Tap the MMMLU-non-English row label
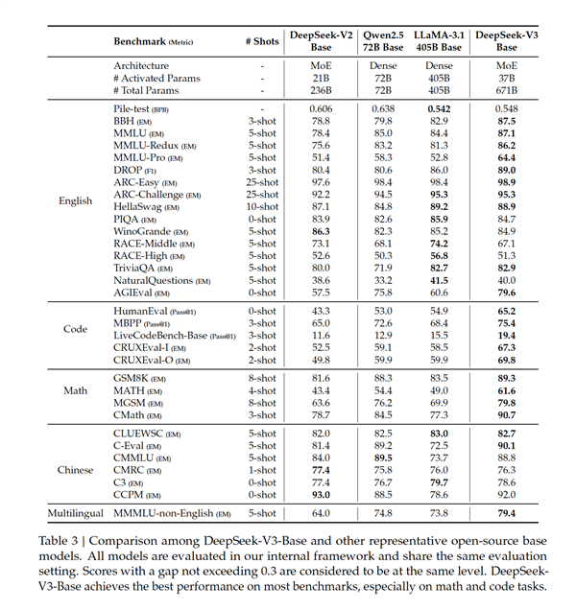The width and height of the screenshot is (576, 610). pyautogui.click(x=172, y=515)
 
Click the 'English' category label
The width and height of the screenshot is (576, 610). pyautogui.click(x=76, y=201)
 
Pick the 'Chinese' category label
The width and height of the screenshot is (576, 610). pyautogui.click(x=76, y=470)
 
